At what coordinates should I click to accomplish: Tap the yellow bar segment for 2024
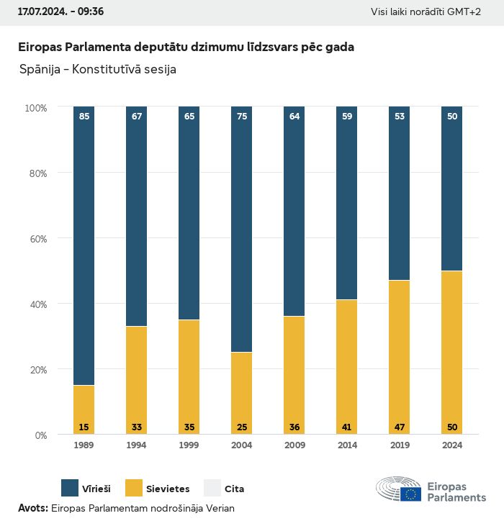(451, 352)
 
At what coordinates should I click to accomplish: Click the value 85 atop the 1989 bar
(84, 117)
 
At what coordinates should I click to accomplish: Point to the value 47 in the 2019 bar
(399, 427)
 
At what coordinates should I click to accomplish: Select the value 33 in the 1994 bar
(137, 427)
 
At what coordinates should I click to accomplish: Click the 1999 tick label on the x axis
(189, 445)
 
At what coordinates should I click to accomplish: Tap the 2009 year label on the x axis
(294, 445)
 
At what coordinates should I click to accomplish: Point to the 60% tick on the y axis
(36, 239)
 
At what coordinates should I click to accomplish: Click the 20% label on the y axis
(36, 370)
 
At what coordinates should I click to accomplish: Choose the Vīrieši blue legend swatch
(70, 489)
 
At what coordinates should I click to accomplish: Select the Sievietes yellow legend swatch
(133, 489)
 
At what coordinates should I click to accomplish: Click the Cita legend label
(234, 489)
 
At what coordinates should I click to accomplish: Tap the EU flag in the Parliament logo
(411, 494)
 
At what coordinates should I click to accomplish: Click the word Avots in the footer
(32, 508)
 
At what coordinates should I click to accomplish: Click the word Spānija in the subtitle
(40, 70)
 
